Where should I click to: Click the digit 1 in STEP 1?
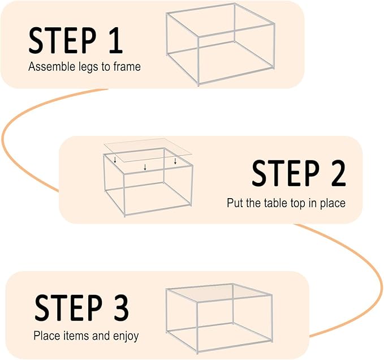tap(115, 40)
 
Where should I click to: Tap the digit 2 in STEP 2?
tap(338, 173)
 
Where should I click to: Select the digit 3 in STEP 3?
tap(121, 308)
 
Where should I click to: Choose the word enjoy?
tap(126, 336)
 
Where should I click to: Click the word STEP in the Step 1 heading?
tap(62, 40)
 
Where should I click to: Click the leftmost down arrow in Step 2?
tap(115, 160)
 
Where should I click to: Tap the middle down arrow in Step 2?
tap(145, 168)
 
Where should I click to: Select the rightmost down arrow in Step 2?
tap(175, 161)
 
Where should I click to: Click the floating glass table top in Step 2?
tap(148, 150)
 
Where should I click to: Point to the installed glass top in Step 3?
tap(219, 293)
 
